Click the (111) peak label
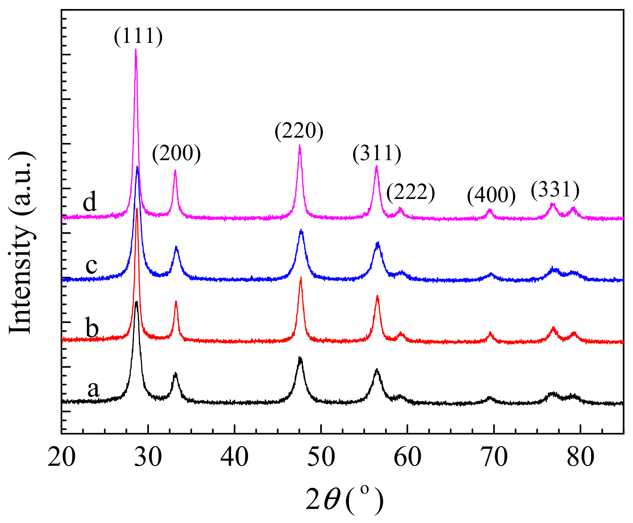[138, 36]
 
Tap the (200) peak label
[176, 154]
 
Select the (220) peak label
[299, 131]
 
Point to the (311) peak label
[377, 154]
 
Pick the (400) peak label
[491, 195]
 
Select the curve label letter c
[91, 266]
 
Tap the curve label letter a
[93, 389]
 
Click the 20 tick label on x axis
[62, 457]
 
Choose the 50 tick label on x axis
[321, 457]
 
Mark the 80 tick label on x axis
[580, 457]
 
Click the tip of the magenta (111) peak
[135, 49]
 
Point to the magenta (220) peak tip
[300, 145]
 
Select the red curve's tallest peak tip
[137, 209]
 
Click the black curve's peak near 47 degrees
[300, 357]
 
